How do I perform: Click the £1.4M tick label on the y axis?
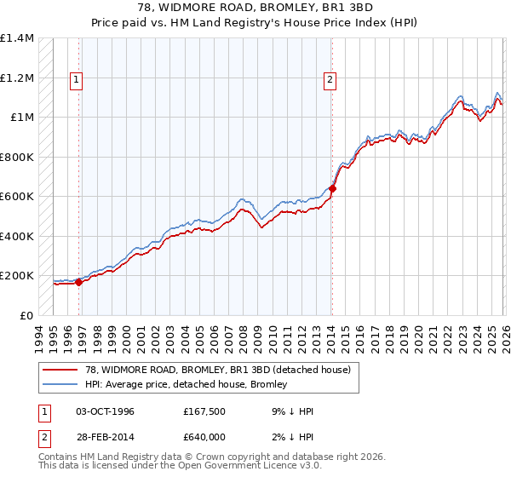[x=16, y=38]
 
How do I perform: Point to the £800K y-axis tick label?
[x=16, y=157]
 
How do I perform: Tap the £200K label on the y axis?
[x=16, y=276]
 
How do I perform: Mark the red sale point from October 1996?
[x=79, y=282]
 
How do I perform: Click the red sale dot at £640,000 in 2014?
[x=332, y=189]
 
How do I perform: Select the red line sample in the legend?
[x=60, y=371]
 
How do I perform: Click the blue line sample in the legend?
[x=60, y=385]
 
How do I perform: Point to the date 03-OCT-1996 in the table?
[x=105, y=411]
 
